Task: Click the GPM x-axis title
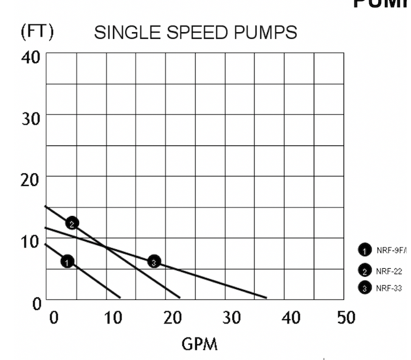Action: (199, 345)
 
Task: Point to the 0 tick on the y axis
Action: (36, 302)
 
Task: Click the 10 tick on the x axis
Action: (113, 317)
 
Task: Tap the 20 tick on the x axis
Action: (173, 317)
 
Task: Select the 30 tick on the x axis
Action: (232, 317)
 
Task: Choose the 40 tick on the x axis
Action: (291, 317)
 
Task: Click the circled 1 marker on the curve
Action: (67, 261)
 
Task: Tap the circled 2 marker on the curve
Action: (72, 223)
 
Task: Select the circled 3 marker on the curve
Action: (154, 261)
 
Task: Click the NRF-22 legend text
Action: (389, 271)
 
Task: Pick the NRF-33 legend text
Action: (389, 288)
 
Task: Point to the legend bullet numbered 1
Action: (365, 249)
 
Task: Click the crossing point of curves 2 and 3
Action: (106, 247)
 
